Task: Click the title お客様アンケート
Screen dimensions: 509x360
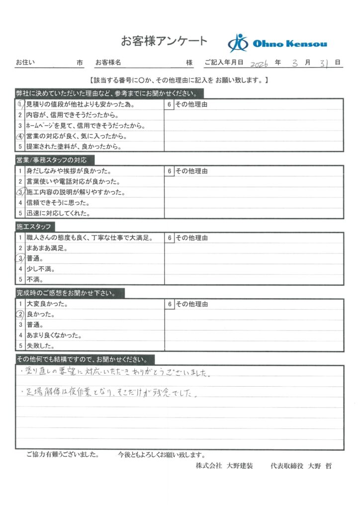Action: point(164,40)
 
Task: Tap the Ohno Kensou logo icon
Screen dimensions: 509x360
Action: point(238,43)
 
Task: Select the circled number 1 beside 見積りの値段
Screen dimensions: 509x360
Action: point(20,105)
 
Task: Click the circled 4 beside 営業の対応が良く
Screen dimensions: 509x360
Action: point(20,136)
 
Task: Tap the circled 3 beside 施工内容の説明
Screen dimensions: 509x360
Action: point(20,192)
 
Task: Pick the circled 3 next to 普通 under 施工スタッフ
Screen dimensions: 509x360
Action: point(20,258)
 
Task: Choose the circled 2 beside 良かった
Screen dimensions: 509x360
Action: point(20,314)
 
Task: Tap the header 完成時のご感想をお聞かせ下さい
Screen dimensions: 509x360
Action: point(70,293)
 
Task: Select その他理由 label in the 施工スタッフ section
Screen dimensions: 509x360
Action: point(191,238)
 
